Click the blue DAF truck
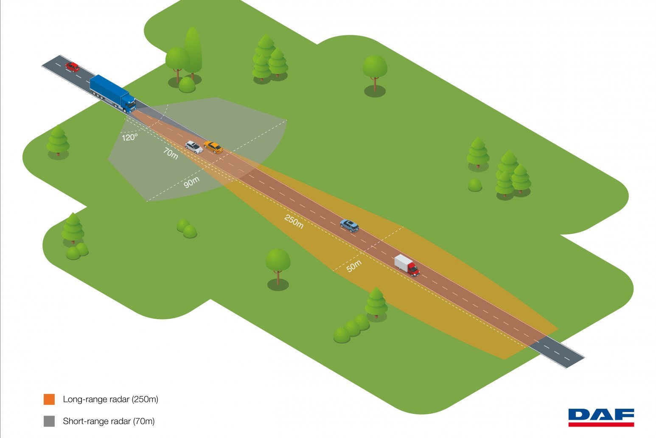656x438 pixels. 112,94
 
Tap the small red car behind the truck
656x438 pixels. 72,67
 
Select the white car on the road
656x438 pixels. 193,147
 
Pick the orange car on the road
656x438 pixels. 213,147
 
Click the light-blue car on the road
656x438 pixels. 349,225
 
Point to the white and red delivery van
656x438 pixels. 406,265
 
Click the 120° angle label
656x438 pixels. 130,138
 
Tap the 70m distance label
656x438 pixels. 171,154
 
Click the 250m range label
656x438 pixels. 294,221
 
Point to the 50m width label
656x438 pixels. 354,266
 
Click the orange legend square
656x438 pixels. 49,399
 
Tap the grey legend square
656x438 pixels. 49,421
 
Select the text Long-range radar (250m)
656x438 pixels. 110,399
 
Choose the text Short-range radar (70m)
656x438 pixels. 109,421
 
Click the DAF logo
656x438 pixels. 601,417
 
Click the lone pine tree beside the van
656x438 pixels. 376,302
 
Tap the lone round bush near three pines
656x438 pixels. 475,185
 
